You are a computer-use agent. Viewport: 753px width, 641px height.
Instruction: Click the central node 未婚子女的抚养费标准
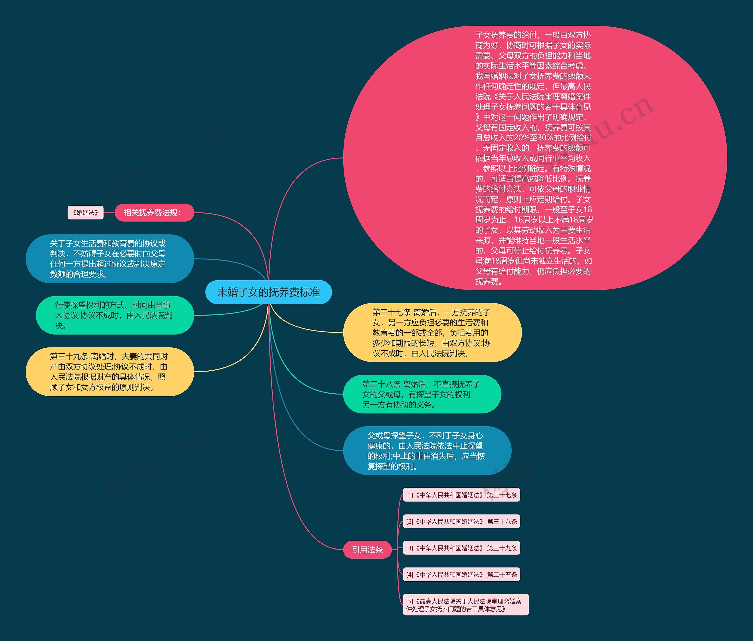click(x=269, y=292)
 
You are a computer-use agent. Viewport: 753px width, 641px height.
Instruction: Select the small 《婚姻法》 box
click(x=85, y=213)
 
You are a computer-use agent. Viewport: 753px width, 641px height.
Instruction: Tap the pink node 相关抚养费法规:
click(x=154, y=213)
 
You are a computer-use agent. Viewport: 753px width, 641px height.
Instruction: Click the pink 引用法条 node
click(x=367, y=550)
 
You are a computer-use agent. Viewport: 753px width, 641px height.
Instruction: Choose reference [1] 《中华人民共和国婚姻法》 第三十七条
click(x=461, y=495)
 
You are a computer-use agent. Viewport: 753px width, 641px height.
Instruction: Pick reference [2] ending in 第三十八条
click(x=461, y=522)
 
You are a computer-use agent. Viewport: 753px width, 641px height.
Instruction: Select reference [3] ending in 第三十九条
click(x=461, y=548)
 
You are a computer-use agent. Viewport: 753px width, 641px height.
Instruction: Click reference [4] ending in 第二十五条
click(x=461, y=575)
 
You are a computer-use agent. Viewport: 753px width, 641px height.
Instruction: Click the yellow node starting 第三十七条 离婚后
click(x=432, y=332)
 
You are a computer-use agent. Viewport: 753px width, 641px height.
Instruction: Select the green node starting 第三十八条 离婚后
click(x=422, y=394)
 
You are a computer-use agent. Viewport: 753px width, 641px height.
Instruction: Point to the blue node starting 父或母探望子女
click(x=427, y=451)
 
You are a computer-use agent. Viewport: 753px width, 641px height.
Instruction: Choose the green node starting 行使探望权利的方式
click(x=114, y=315)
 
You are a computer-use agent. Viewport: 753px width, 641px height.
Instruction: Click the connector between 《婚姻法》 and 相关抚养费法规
click(x=109, y=213)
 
